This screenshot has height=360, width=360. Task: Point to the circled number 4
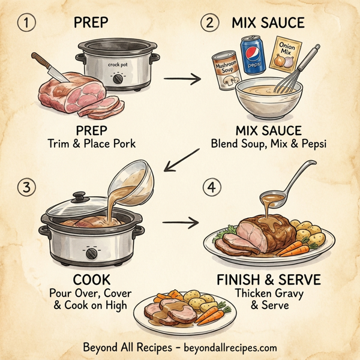tap(209, 187)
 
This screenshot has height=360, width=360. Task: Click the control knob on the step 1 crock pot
tap(117, 79)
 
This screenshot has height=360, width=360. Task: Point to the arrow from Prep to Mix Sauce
tap(181, 78)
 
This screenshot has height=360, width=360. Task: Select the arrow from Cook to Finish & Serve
tap(181, 223)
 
